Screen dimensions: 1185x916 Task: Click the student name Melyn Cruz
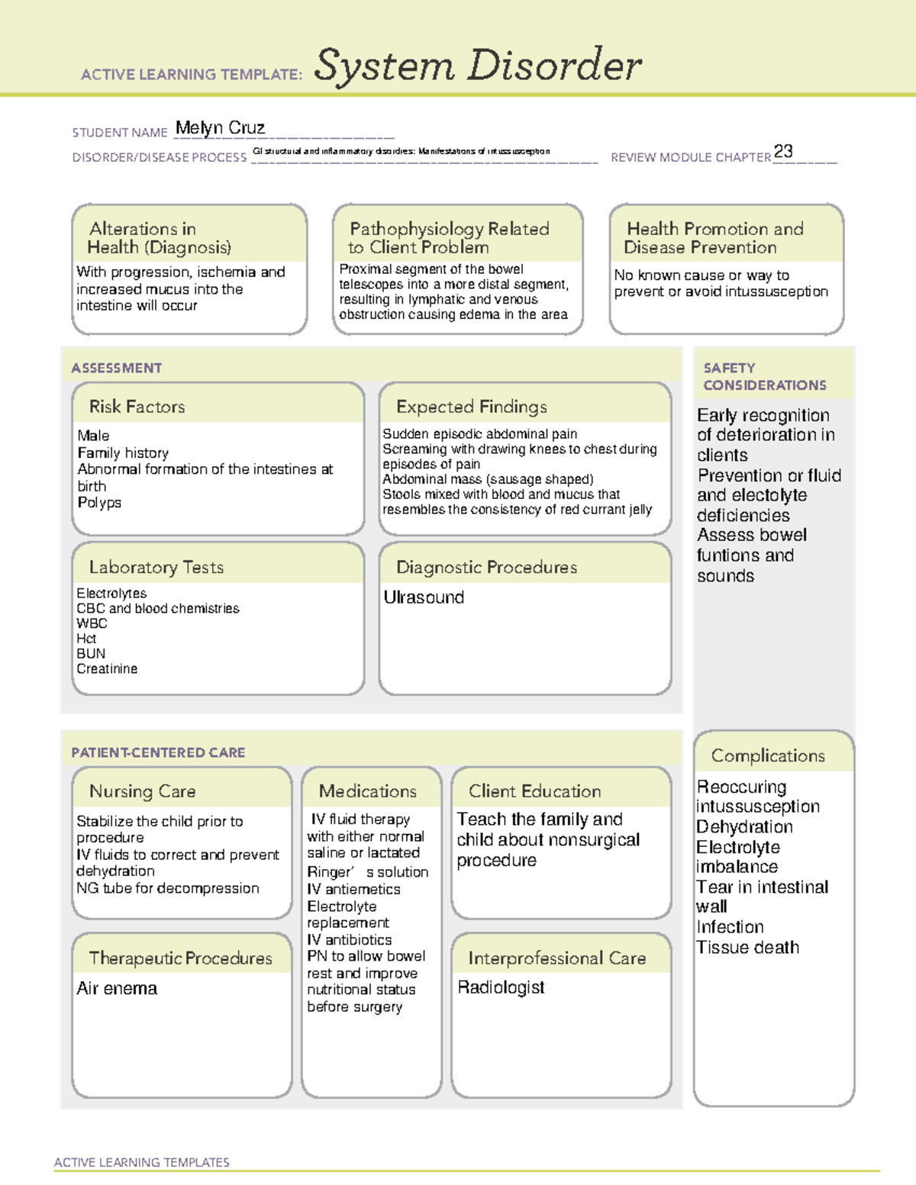coord(220,128)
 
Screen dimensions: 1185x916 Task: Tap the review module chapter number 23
coord(782,151)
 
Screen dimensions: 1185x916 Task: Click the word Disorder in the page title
coord(555,66)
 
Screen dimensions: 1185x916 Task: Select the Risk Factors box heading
coord(137,407)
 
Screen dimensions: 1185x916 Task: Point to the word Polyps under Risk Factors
coord(99,503)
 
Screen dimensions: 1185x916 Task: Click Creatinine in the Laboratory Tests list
coord(107,669)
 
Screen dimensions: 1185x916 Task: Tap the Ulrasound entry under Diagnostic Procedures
coord(424,597)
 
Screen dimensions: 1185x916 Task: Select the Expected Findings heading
coord(471,407)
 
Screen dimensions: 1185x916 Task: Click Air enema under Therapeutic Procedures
coord(117,989)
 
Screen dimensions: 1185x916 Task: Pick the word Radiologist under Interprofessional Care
coord(501,987)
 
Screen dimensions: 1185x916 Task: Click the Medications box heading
coord(367,791)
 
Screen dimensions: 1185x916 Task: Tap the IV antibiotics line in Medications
coord(349,940)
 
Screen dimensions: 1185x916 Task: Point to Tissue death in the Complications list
coord(747,948)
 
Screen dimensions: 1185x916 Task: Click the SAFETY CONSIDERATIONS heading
coord(764,376)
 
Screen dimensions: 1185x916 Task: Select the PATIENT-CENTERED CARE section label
coord(158,752)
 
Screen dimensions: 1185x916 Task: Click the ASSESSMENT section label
coord(116,368)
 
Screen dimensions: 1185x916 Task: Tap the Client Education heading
coord(534,791)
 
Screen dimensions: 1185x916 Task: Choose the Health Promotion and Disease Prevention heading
coord(714,238)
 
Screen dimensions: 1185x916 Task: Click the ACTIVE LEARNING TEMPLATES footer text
coord(141,1162)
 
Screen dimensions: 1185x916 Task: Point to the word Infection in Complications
coord(730,927)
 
